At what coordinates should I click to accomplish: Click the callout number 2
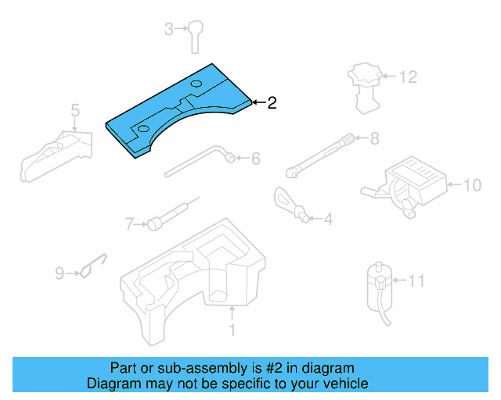[272, 102]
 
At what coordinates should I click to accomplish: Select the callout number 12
[409, 77]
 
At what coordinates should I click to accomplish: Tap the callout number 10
[473, 185]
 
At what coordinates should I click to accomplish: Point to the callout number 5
[75, 109]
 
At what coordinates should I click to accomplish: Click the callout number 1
[232, 331]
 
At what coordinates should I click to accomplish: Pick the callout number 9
[59, 273]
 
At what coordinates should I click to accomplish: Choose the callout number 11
[417, 279]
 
